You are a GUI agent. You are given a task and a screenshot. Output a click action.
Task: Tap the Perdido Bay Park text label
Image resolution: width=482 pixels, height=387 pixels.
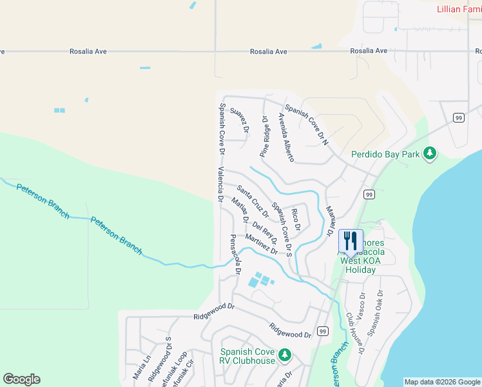point(385,154)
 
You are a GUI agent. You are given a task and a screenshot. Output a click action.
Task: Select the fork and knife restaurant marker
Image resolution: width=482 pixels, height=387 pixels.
point(351,241)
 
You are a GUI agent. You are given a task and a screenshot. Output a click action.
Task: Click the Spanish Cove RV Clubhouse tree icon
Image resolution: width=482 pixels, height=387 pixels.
point(284,354)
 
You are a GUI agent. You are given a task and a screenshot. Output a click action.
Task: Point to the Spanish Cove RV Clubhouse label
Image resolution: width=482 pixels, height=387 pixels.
point(247,356)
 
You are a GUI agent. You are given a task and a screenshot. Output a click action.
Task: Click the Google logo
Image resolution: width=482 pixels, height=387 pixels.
point(21,379)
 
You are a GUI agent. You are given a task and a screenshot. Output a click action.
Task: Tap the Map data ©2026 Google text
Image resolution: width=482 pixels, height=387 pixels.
point(442,382)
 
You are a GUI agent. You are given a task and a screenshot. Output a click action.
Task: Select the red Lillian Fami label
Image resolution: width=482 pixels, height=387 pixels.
point(459,9)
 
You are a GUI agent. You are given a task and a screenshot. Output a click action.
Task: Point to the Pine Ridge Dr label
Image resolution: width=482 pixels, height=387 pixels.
point(264,137)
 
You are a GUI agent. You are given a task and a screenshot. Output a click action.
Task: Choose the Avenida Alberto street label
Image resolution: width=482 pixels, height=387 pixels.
point(286,137)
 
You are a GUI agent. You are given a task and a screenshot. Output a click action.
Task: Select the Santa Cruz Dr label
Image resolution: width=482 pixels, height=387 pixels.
point(252,201)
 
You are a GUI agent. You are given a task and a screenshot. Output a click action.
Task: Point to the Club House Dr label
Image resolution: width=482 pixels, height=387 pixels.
point(355,334)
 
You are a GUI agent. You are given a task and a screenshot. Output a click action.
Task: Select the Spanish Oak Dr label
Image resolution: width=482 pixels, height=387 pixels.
point(375,312)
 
